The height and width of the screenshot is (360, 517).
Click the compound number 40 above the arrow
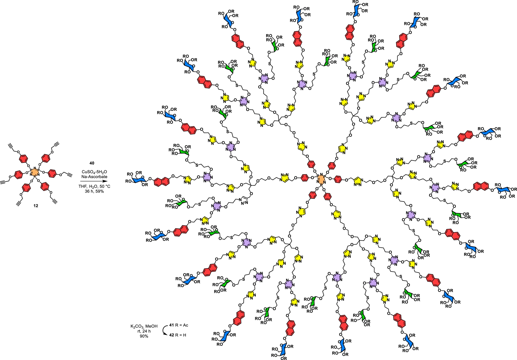(x=92, y=163)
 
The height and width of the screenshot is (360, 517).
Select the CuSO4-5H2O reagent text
(x=94, y=172)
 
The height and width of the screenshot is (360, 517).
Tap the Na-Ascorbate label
(x=94, y=177)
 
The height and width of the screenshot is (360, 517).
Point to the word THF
(x=83, y=186)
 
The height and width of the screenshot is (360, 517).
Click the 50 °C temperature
(x=105, y=186)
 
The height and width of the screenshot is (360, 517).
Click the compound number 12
(x=36, y=206)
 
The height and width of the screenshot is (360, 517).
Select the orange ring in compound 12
(x=35, y=172)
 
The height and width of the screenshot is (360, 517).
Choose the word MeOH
(x=151, y=326)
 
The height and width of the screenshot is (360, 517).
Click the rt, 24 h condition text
(x=144, y=331)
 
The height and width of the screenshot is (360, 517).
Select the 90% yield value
(x=144, y=336)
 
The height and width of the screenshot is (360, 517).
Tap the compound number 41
(x=172, y=325)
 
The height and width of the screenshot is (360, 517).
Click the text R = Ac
(x=182, y=325)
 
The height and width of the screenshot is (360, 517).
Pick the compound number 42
(x=172, y=335)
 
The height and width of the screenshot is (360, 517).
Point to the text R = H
(x=181, y=335)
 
